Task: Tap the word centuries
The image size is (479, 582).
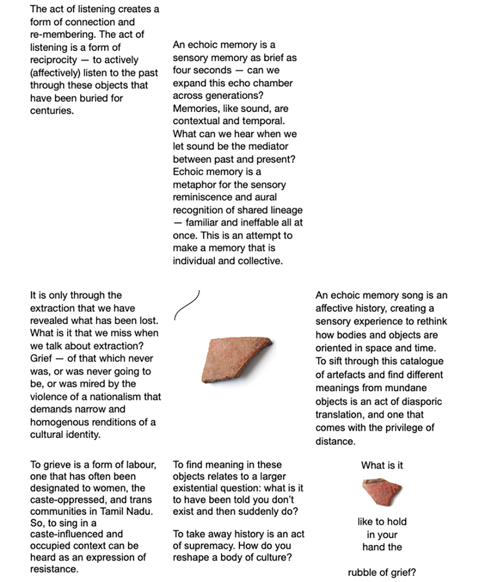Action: [51, 111]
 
